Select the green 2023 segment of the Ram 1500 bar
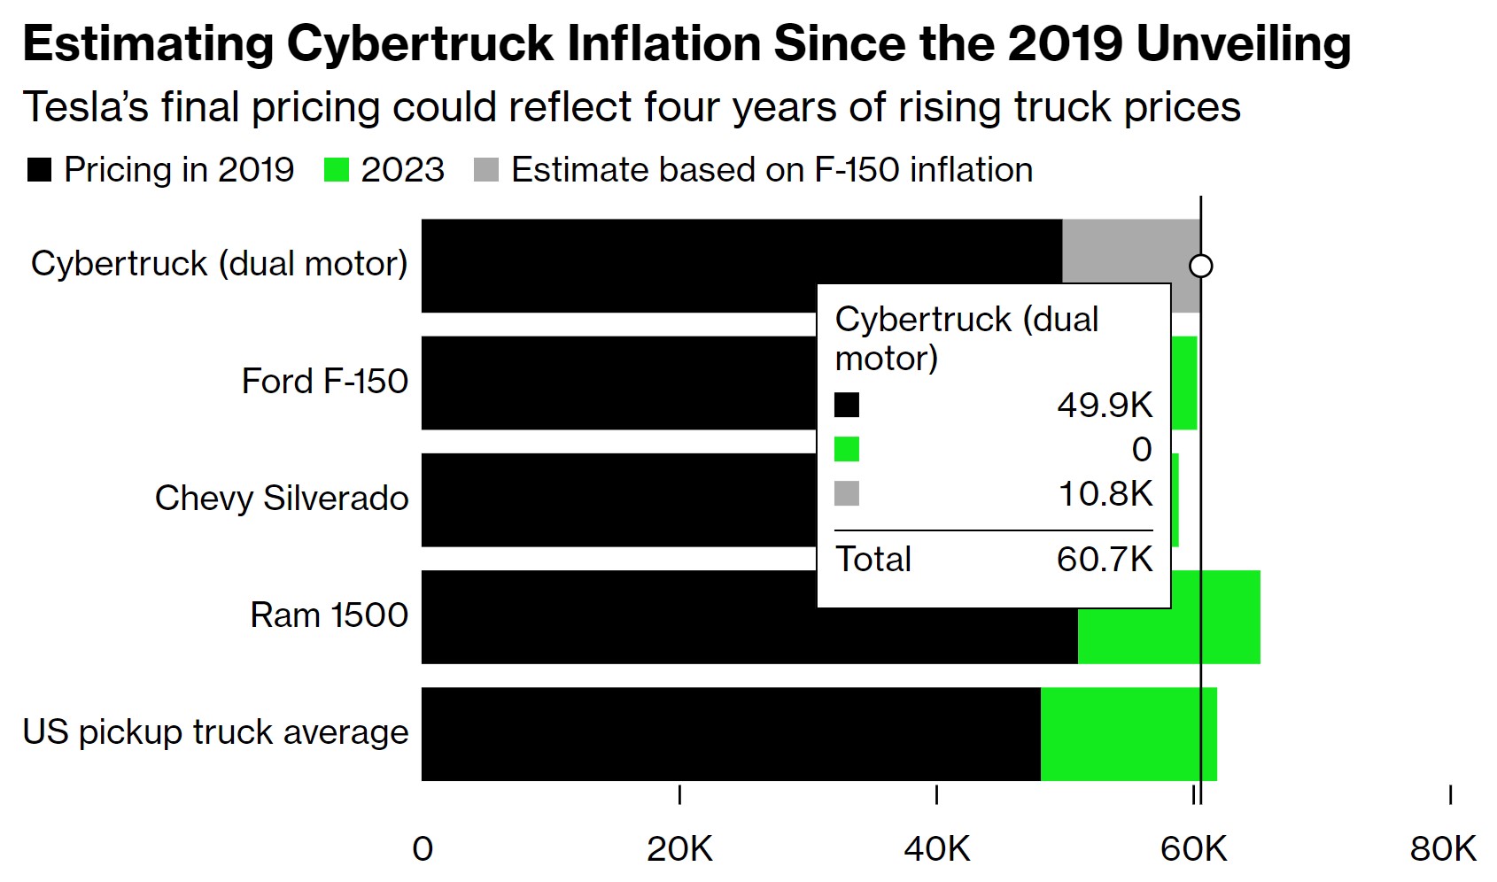pyautogui.click(x=1214, y=617)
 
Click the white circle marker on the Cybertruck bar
pyautogui.click(x=1200, y=266)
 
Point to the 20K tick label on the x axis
pyautogui.click(x=679, y=848)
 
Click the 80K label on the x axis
pyautogui.click(x=1443, y=848)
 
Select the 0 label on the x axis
pyautogui.click(x=423, y=848)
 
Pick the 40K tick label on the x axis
pyautogui.click(x=936, y=848)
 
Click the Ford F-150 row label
pyautogui.click(x=324, y=382)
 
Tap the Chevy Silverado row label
pyautogui.click(x=282, y=499)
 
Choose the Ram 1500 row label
pyautogui.click(x=329, y=615)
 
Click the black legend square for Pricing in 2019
pyautogui.click(x=39, y=170)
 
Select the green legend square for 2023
pyautogui.click(x=337, y=170)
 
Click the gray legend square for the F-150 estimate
pyautogui.click(x=486, y=170)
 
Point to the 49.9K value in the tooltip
pyautogui.click(x=1105, y=406)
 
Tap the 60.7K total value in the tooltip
pyautogui.click(x=1105, y=560)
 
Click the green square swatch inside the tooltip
pyautogui.click(x=847, y=450)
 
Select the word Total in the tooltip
pyautogui.click(x=873, y=560)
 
